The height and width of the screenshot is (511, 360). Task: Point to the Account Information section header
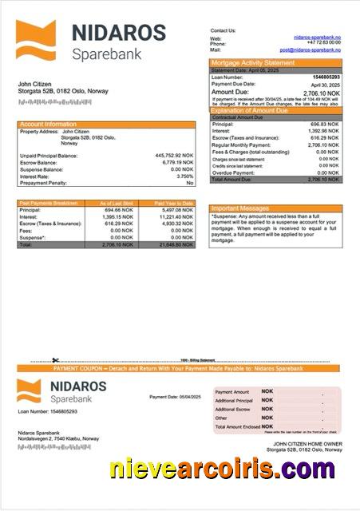[x=48, y=125]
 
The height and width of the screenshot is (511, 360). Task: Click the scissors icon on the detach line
[x=56, y=361]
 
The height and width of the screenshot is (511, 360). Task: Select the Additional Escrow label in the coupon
[x=232, y=409]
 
